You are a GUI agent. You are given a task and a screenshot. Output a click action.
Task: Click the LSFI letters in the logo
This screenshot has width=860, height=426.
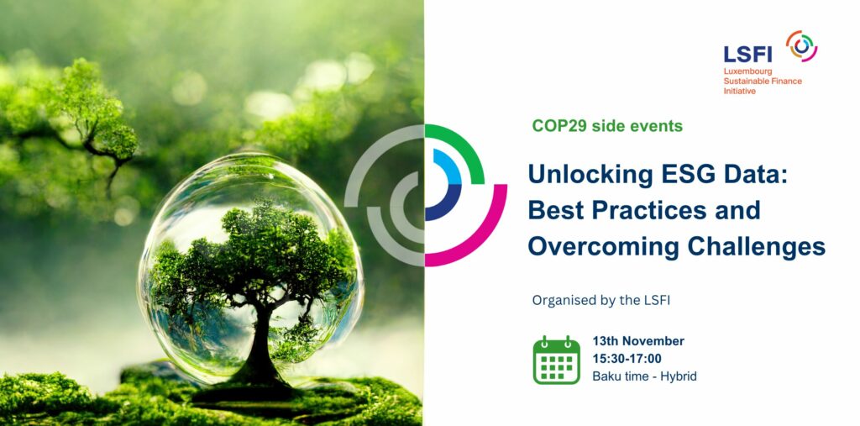pyautogui.click(x=747, y=54)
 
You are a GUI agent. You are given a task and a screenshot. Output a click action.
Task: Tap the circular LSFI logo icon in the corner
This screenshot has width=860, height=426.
pyautogui.click(x=801, y=45)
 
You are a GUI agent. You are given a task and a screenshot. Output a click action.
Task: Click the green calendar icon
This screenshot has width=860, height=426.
pyautogui.click(x=556, y=360)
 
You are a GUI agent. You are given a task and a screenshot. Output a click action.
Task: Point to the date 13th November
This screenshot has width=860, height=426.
pyautogui.click(x=638, y=341)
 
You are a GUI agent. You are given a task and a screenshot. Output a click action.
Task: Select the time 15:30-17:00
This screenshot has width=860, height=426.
pyautogui.click(x=627, y=359)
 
